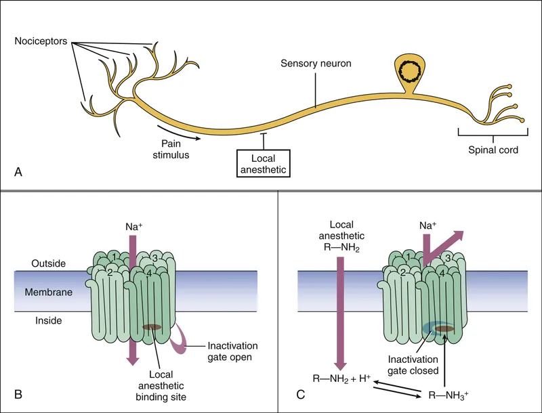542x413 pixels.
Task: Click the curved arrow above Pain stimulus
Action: (178, 131)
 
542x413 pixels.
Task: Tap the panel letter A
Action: (20, 173)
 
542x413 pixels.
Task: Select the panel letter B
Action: (20, 393)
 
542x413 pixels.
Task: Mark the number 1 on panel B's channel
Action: (115, 256)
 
